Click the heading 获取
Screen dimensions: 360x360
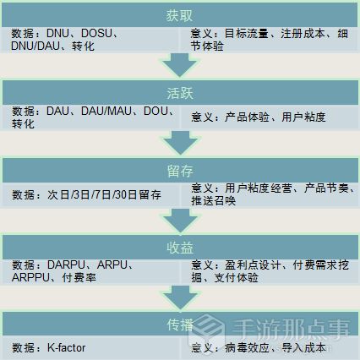pos(179,15)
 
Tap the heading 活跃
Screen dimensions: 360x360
pos(180,93)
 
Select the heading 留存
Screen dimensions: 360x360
pos(180,171)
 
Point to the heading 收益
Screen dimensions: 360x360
pos(180,248)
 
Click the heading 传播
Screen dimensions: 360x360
pos(180,325)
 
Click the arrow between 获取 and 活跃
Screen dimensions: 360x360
pos(179,65)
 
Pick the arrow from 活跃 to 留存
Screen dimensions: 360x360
pos(180,143)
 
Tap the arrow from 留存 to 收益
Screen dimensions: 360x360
pos(180,221)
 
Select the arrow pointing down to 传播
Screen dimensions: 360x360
pos(180,298)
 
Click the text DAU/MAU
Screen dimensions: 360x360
pos(106,111)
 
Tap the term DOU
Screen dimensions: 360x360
pos(155,111)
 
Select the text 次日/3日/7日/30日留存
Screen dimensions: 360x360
pos(104,194)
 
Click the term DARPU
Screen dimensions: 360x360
pos(66,265)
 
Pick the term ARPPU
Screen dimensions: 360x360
pos(30,277)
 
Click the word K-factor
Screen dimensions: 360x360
pos(66,347)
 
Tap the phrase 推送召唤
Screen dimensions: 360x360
pos(213,200)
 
